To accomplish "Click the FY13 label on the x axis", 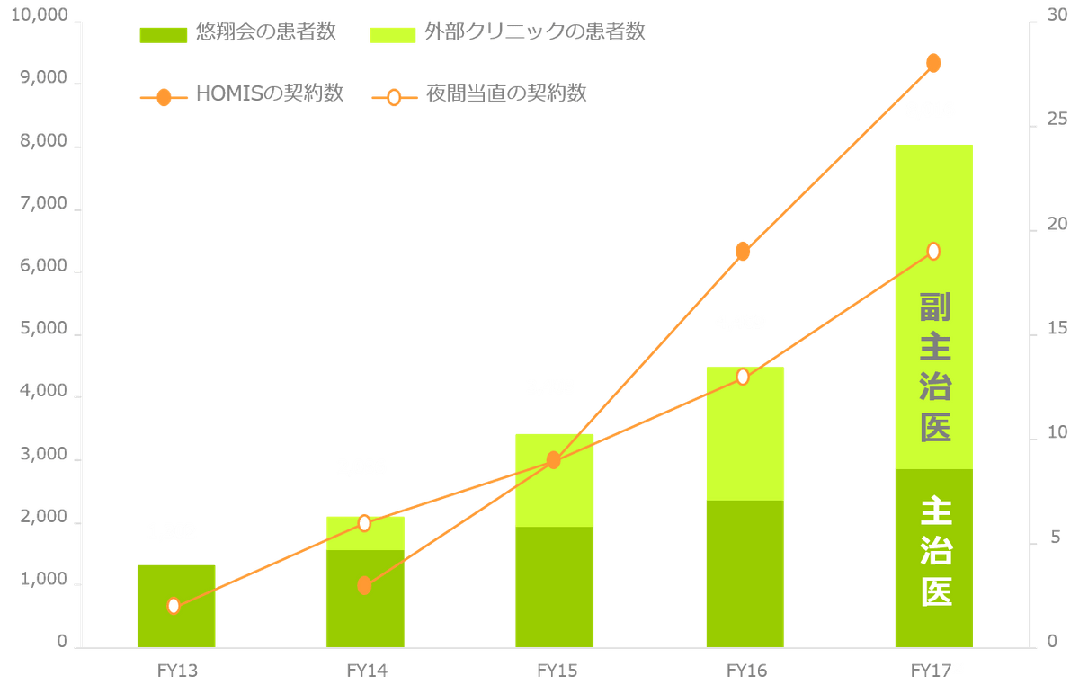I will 176,670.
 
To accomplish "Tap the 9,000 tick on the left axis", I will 42,79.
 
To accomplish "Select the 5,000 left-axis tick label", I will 42,328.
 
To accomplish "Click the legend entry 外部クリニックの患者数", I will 508,34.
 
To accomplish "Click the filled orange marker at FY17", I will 933,63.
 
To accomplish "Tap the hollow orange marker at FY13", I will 174,606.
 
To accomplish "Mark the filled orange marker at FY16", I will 743,252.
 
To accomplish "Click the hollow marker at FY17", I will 933,251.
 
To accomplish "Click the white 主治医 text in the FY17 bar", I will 936,553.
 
